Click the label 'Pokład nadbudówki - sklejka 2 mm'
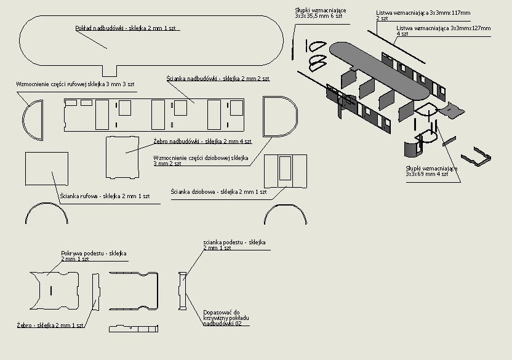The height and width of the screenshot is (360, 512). [x=127, y=28]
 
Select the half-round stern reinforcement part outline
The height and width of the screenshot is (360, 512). [x=33, y=121]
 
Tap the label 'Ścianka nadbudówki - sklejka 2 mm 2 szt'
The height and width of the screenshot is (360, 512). [x=218, y=79]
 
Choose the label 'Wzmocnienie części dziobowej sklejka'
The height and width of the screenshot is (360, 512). [x=201, y=161]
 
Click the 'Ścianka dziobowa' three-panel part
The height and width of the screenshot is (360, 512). [x=285, y=170]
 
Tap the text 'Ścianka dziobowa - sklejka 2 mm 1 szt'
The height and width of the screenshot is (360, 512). [x=218, y=192]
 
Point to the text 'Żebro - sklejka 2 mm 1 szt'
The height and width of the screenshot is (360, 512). [x=50, y=324]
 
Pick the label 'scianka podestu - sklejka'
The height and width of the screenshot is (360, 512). [x=234, y=245]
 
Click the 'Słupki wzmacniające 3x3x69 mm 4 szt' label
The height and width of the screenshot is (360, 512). [x=431, y=171]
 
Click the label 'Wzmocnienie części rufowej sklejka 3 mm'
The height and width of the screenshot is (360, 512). [x=75, y=83]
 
